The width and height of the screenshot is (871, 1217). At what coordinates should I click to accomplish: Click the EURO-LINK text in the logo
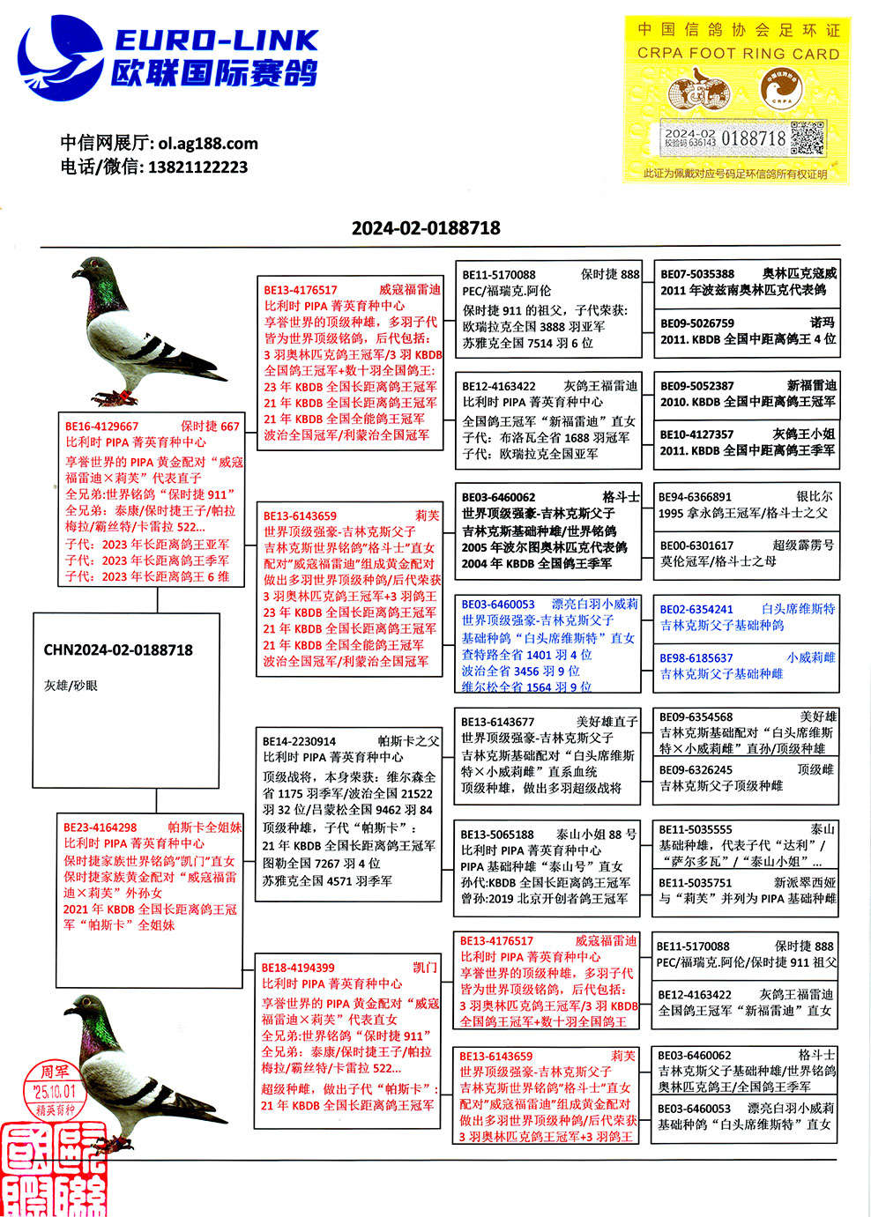216,41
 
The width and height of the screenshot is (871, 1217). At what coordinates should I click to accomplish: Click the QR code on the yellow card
807,138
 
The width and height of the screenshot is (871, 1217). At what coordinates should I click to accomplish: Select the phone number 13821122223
197,167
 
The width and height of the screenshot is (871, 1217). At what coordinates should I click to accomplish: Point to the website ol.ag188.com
208,144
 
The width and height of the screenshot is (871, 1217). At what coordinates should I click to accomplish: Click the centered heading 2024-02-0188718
426,228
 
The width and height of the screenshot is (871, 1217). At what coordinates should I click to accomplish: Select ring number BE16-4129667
101,427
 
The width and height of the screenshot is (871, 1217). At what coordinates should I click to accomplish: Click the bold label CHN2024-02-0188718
118,650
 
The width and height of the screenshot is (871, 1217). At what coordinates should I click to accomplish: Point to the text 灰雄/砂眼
71,686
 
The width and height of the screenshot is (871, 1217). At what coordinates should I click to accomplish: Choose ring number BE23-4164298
100,827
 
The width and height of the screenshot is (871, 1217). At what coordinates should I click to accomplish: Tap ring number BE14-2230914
299,741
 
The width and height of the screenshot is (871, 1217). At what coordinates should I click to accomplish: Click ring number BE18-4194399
298,968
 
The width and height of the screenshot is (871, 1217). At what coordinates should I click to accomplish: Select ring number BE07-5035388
697,274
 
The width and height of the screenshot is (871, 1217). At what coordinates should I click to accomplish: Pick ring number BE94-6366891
696,497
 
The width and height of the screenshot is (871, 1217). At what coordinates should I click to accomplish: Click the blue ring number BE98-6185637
696,658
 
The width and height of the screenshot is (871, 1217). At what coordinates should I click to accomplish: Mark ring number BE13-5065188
497,835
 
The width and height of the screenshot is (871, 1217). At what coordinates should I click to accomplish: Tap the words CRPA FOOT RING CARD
738,54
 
